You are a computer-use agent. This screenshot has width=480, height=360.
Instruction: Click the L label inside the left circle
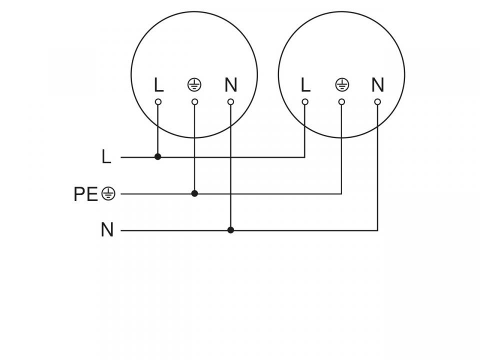coord(158,85)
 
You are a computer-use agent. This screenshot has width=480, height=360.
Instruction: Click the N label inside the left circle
coord(230,85)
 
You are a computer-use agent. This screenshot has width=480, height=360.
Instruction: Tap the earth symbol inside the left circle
coord(194,85)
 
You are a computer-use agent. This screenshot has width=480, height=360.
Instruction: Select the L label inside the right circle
coord(305,85)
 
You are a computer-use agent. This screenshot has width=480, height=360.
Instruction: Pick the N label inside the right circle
coord(377,85)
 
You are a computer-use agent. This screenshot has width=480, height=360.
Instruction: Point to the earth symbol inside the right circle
coord(341,85)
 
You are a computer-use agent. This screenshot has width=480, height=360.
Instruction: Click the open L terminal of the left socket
coord(158,102)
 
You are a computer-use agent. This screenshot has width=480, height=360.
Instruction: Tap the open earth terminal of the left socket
coord(194,102)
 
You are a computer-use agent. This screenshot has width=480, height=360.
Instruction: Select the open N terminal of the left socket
coord(230,102)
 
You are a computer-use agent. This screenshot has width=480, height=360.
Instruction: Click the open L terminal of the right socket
coord(305,102)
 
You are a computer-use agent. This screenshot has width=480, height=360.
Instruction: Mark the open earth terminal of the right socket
coord(341,102)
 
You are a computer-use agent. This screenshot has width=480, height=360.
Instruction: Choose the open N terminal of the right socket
coord(377,102)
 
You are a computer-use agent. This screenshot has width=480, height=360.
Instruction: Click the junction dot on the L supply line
coord(158,157)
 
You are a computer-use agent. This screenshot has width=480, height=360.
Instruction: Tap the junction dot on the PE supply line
coord(194,193)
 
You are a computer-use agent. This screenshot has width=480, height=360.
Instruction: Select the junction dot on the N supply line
coord(230,230)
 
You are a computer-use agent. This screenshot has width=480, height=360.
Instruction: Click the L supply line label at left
coord(106,157)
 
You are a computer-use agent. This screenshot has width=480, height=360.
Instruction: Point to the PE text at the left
coord(85,194)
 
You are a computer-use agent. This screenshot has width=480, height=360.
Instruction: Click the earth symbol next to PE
coord(108,193)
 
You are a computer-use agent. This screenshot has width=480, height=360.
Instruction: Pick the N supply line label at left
coord(107,230)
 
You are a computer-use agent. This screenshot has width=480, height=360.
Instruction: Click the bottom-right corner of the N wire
coord(377,230)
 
